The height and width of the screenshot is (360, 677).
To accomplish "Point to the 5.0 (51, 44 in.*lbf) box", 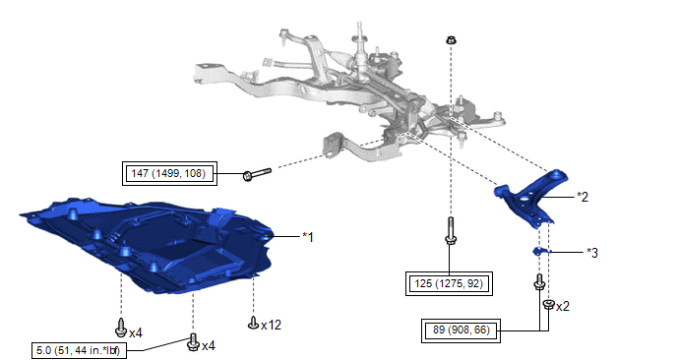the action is (79, 350).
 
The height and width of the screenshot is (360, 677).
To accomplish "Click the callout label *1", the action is (308, 237).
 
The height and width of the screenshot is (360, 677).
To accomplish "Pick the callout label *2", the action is (583, 198).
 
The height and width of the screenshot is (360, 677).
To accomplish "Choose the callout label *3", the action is (592, 253).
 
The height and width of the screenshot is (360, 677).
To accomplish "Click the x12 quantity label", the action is (272, 325).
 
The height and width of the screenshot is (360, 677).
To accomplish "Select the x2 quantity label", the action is (563, 307).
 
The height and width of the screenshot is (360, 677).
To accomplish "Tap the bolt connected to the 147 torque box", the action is (258, 174).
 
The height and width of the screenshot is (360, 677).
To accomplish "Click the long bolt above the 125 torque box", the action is (451, 231).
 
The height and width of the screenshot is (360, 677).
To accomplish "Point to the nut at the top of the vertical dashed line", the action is (451, 40).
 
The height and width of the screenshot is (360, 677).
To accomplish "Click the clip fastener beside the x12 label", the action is (254, 323).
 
